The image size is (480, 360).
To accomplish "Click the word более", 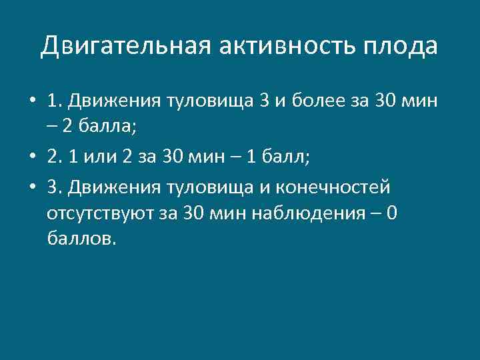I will (313, 102).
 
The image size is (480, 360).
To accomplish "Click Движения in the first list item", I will (110, 102).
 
